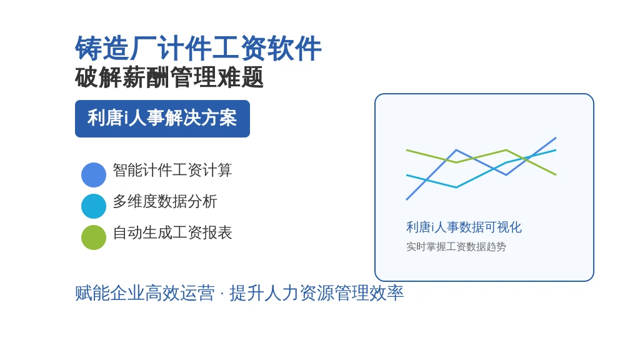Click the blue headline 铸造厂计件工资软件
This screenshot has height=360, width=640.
click(198, 49)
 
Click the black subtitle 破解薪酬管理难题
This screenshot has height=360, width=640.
click(169, 77)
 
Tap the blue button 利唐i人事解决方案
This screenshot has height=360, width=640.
click(162, 118)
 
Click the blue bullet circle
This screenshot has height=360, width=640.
click(94, 175)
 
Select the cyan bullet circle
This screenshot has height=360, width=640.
click(94, 206)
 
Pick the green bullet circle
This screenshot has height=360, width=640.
click(94, 237)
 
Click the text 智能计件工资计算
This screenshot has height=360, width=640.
click(172, 170)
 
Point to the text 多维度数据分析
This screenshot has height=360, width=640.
click(165, 201)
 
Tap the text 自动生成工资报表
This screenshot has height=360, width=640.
click(172, 232)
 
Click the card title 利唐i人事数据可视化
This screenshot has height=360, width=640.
click(464, 227)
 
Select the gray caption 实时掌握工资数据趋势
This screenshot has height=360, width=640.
click(456, 246)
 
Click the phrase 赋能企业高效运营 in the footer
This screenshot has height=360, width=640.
click(145, 293)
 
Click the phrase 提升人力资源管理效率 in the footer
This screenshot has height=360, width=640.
click(317, 293)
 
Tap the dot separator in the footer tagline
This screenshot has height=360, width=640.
click(222, 294)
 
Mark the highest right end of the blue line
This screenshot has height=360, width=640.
click(556, 138)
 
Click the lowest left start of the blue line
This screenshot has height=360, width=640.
click(406, 199)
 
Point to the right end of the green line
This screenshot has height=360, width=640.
click(556, 175)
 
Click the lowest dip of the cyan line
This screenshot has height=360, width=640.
click(456, 187)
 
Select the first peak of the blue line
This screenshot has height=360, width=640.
click(456, 150)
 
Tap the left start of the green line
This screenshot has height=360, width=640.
click(406, 150)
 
